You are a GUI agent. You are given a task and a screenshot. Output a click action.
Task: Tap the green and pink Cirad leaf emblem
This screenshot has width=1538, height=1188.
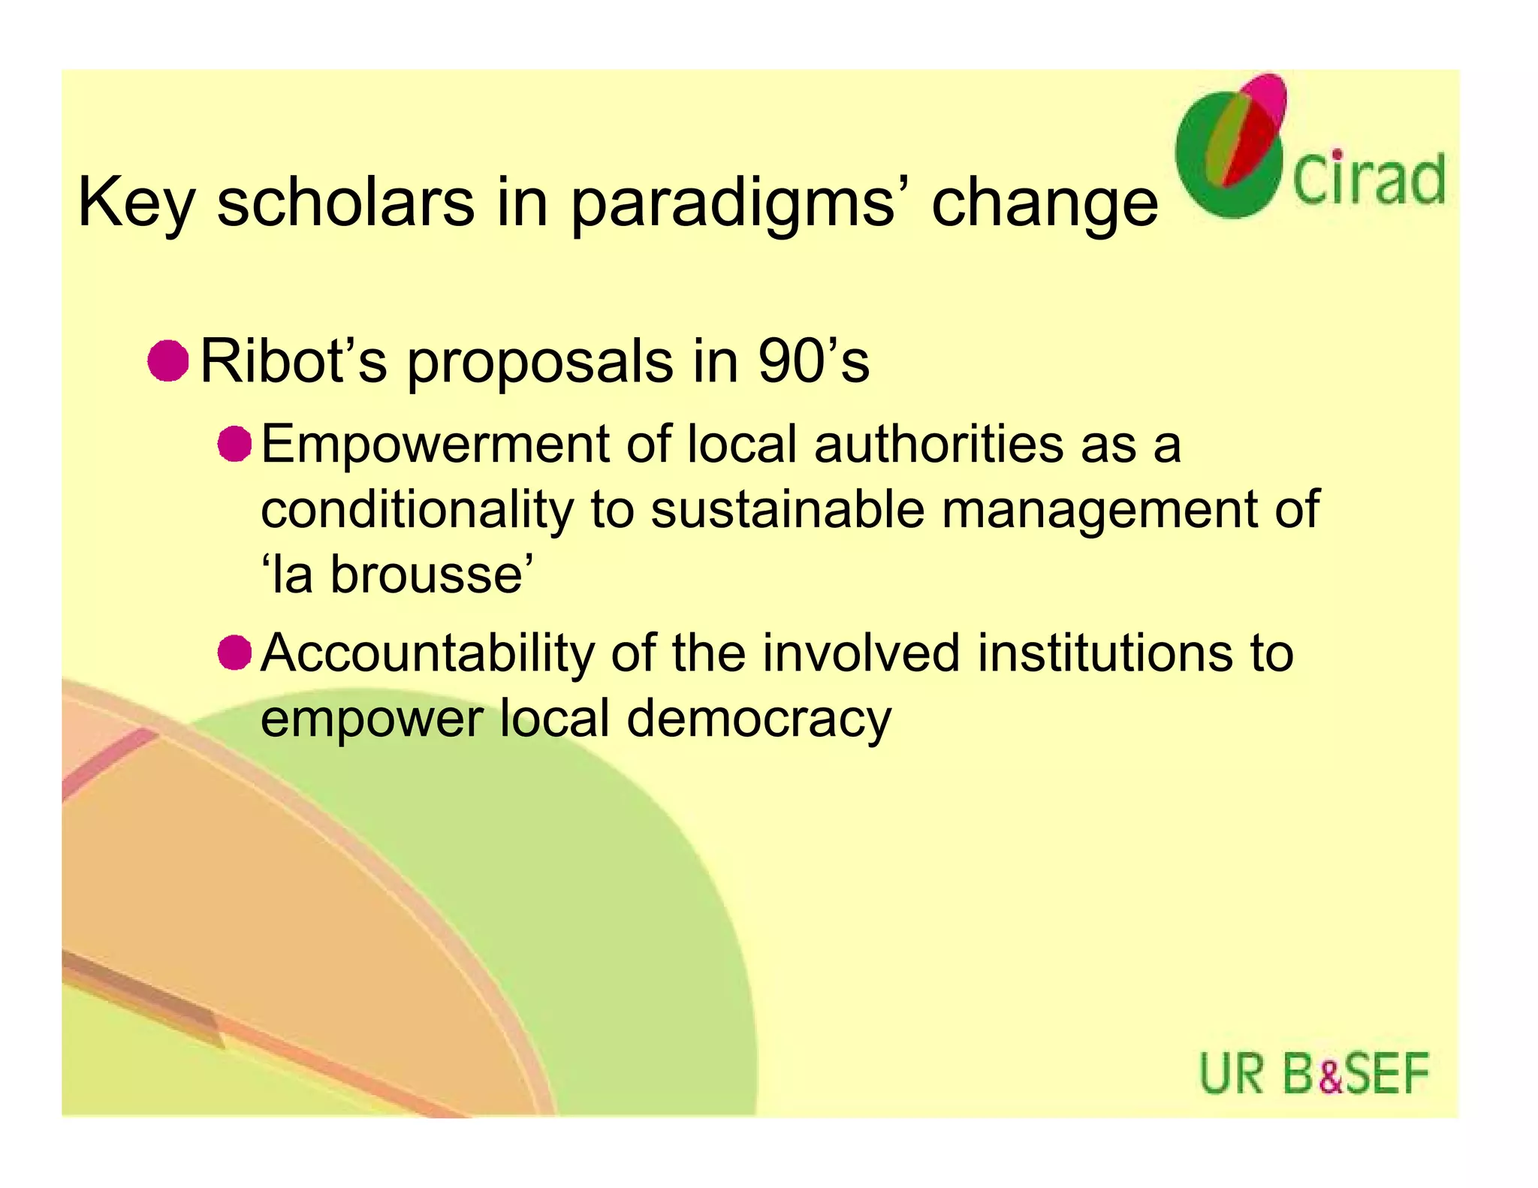click(x=1232, y=146)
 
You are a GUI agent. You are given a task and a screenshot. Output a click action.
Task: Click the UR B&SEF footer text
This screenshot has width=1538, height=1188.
click(x=1313, y=1074)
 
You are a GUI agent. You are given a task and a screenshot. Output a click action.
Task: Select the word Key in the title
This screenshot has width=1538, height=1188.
click(x=136, y=203)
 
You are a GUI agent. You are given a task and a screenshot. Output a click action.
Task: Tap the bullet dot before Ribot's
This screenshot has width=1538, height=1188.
click(x=167, y=361)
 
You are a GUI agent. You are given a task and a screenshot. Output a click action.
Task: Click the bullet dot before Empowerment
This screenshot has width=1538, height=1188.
click(x=234, y=444)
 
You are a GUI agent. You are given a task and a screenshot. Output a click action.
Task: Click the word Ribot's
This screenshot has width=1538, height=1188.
click(x=294, y=361)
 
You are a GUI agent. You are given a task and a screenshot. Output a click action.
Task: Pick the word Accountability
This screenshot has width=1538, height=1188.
click(x=427, y=653)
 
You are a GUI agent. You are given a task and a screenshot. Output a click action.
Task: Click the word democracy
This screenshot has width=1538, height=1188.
click(x=758, y=719)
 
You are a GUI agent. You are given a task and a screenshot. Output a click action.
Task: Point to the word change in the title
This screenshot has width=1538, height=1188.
click(x=1045, y=203)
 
